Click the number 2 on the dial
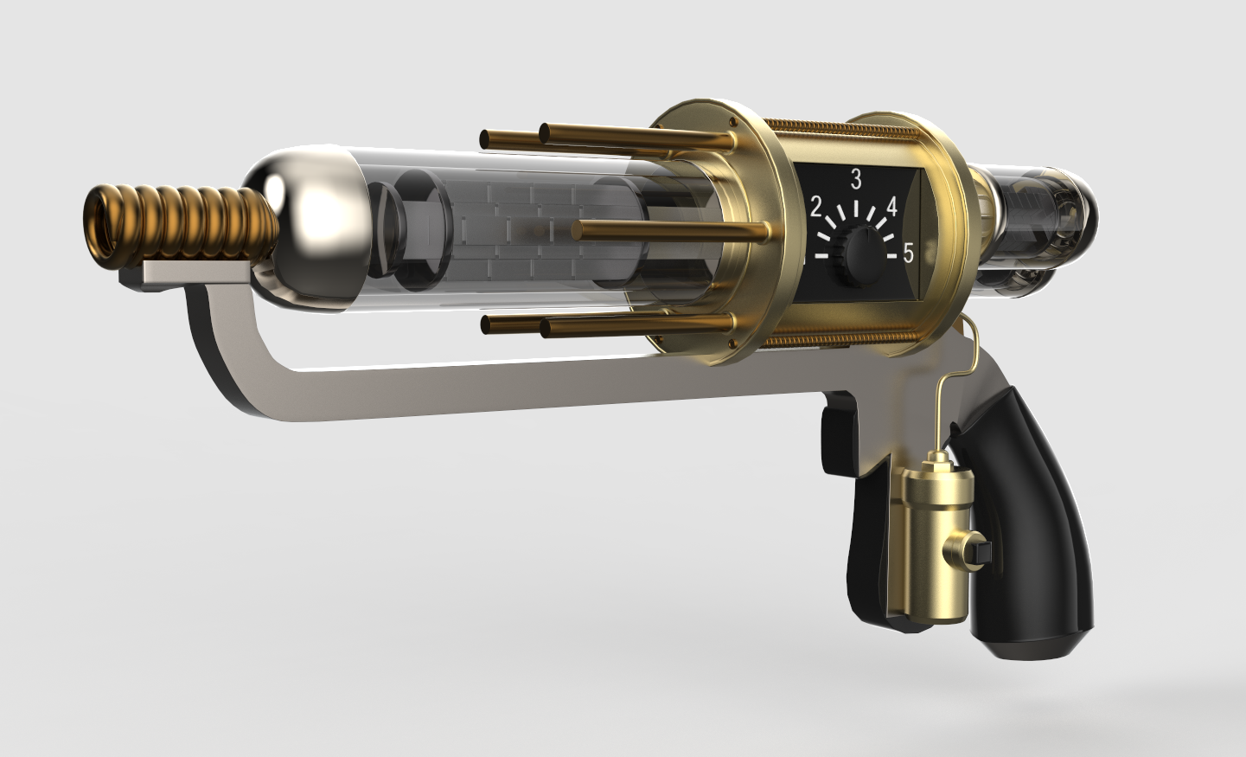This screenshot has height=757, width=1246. tap(815, 208)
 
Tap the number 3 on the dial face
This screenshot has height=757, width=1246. tap(856, 180)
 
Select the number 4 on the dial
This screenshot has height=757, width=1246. tap(891, 208)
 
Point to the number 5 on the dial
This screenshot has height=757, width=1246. tap(908, 253)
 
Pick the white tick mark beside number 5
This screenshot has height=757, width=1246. tap(891, 256)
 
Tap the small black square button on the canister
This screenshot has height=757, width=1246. tap(981, 550)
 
